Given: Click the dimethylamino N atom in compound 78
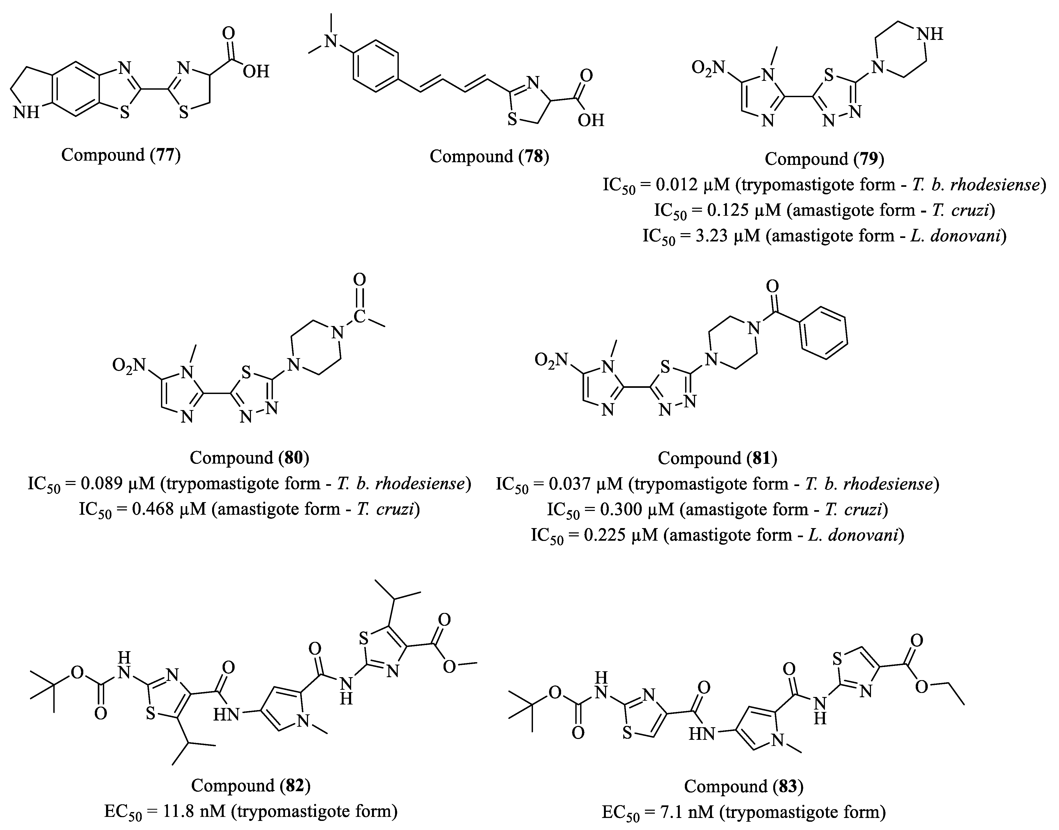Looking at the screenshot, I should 331,41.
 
